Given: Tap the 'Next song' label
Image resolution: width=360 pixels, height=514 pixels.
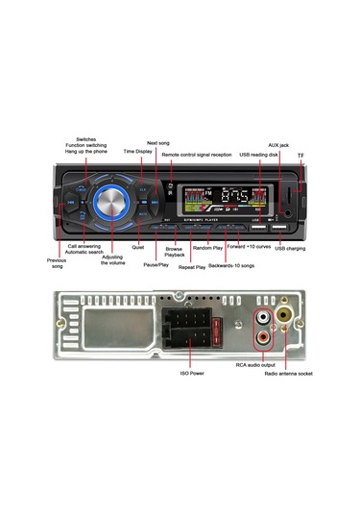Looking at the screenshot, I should coord(158,142).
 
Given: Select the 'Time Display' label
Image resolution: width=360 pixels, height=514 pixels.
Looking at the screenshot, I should coord(136,151).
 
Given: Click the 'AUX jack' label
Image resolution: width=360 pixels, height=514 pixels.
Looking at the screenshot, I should coord(277,144).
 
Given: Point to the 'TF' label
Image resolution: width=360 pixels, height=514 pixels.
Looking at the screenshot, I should coord(300,155).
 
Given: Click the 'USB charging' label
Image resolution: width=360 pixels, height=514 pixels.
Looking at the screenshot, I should coord(290,248).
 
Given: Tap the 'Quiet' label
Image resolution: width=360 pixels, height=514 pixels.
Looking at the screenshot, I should coord(138,247).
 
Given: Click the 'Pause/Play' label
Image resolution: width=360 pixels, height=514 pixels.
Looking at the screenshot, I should coord(156,263).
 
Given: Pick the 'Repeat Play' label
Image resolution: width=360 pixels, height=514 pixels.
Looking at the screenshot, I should coord(192,267).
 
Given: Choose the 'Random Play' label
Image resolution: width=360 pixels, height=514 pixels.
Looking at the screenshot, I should coord(207,248).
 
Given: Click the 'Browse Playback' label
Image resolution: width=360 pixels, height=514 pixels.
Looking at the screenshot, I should coord(174,253).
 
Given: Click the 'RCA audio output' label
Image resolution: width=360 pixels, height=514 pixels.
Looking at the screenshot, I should coord(255,364).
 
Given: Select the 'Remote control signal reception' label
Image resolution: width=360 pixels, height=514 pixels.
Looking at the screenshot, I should coord(196,154).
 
